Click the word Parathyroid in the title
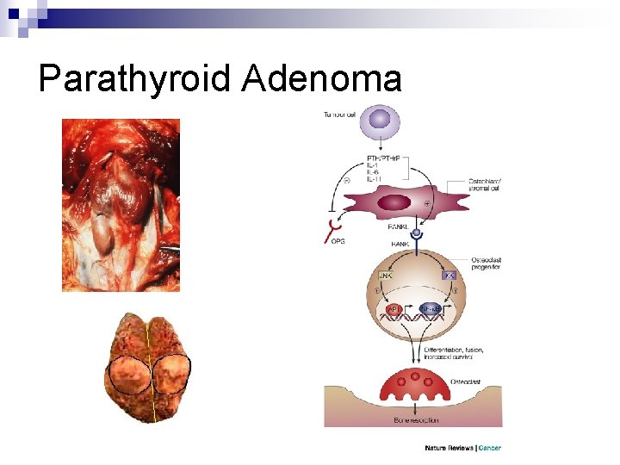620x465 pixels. coord(135,79)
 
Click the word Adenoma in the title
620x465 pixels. coord(322,79)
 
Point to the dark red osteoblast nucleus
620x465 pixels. coord(394,203)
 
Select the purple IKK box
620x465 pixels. coord(449,276)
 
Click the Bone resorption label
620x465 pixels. coord(416,420)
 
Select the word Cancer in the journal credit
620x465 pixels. coord(490,448)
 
